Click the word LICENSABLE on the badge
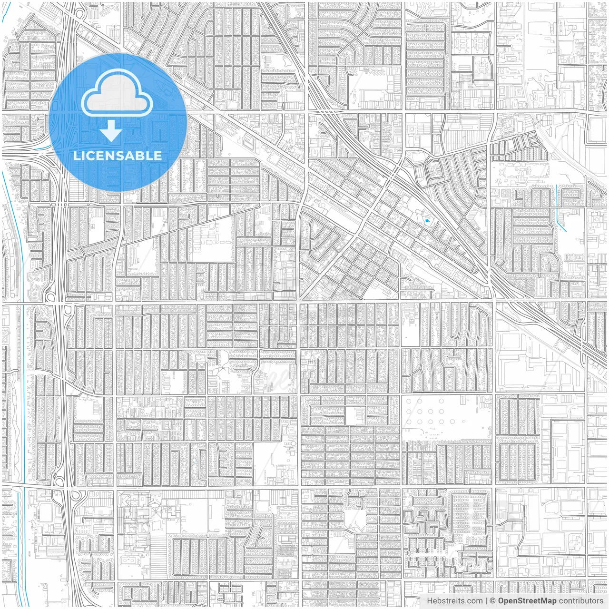click(x=117, y=156)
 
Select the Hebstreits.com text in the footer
click(x=454, y=600)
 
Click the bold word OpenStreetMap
click(x=527, y=600)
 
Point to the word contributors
click(x=581, y=600)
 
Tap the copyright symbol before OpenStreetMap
click(x=493, y=600)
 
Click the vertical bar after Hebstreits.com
click(x=486, y=600)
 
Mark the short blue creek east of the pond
click(x=560, y=209)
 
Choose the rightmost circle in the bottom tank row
click(x=442, y=422)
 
